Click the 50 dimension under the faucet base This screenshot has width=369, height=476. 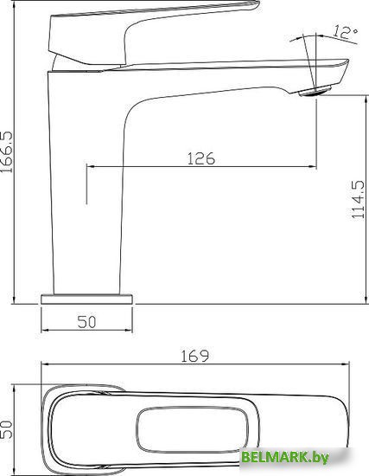tap(87, 322)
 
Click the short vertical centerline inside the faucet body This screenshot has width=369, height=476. tap(86, 186)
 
